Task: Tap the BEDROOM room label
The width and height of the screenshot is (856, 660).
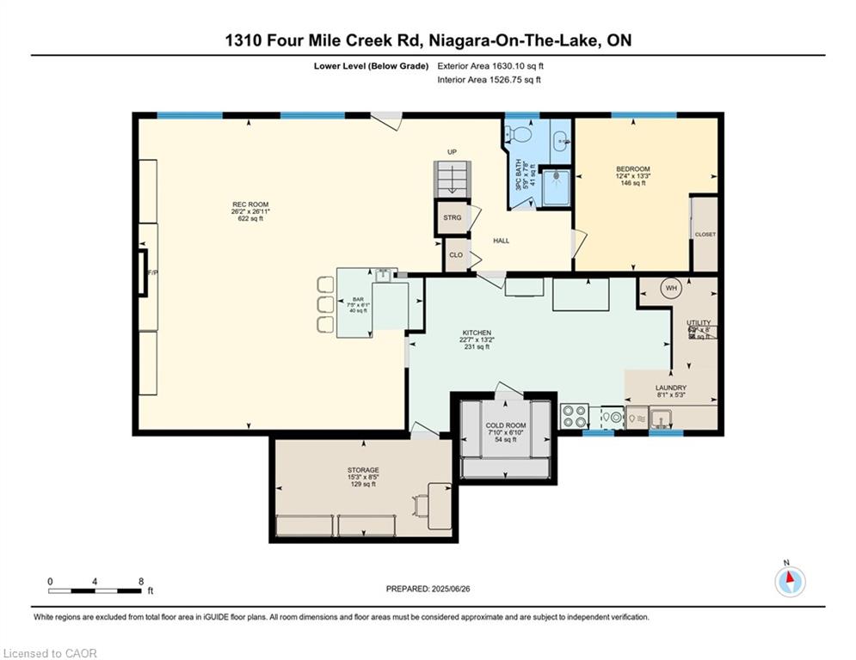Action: click(632, 168)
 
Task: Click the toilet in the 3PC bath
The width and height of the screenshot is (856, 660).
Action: click(514, 134)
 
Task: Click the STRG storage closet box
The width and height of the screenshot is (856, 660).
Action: click(452, 218)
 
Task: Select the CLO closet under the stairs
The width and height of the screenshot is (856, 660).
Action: click(455, 255)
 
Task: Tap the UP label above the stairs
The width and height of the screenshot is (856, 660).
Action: click(452, 152)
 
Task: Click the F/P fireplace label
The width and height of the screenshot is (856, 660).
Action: click(153, 272)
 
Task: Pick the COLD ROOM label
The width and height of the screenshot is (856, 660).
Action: click(505, 426)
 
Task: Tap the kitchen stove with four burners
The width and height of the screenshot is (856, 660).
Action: click(574, 417)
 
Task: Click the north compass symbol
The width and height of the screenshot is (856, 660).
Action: click(789, 582)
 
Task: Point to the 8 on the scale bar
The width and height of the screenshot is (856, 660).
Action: click(140, 581)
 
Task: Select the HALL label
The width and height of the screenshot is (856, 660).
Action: click(500, 241)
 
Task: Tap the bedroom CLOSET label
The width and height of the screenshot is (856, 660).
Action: click(705, 234)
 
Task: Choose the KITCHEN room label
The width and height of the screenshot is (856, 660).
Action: click(476, 333)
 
